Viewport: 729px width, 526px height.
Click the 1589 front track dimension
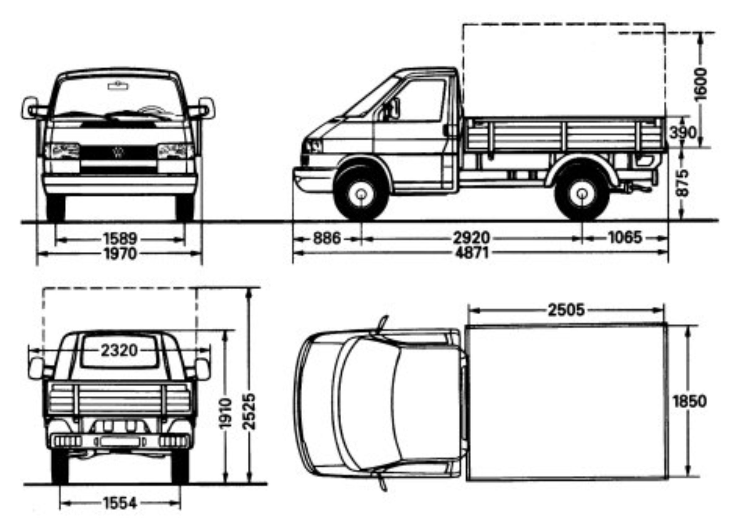[x=120, y=239]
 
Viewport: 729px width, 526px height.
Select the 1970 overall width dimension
[x=120, y=254]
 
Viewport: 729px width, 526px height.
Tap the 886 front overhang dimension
[x=327, y=238]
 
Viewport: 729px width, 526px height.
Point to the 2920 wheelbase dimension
[x=471, y=238]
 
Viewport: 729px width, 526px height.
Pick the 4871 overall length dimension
[x=471, y=253]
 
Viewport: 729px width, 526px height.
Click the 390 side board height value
[x=683, y=133]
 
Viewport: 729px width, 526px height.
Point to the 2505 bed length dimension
[x=566, y=310]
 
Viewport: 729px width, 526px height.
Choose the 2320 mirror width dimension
[x=119, y=350]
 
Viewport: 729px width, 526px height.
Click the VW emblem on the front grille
[x=118, y=152]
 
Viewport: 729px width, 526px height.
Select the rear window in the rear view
[x=119, y=351]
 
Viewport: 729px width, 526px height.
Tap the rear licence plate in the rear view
[x=120, y=442]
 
